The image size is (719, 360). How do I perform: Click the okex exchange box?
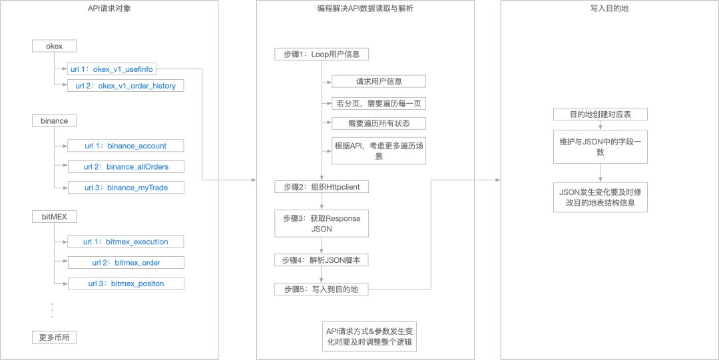(x=55, y=46)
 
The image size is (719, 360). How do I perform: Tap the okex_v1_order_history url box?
(x=125, y=86)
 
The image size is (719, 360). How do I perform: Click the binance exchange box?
(x=55, y=121)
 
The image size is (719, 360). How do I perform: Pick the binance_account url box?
(x=125, y=146)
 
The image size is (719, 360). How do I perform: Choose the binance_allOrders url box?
(x=125, y=166)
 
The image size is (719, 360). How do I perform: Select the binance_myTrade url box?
(x=125, y=188)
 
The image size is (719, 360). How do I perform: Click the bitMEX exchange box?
(x=55, y=217)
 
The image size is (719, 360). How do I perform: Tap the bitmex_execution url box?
(x=125, y=242)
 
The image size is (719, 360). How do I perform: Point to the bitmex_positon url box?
(x=125, y=283)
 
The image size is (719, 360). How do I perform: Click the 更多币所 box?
(x=55, y=337)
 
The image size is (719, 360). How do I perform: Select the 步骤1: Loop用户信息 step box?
(x=321, y=55)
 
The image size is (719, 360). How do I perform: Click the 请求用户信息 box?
(x=379, y=82)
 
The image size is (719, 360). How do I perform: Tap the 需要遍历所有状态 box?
(x=379, y=123)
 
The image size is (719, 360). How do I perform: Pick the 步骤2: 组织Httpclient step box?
(x=321, y=187)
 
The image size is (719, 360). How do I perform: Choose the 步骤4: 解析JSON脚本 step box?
(x=321, y=260)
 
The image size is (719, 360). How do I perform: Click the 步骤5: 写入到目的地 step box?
(x=321, y=289)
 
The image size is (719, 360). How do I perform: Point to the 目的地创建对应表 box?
(x=600, y=114)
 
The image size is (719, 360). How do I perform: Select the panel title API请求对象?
(x=110, y=9)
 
